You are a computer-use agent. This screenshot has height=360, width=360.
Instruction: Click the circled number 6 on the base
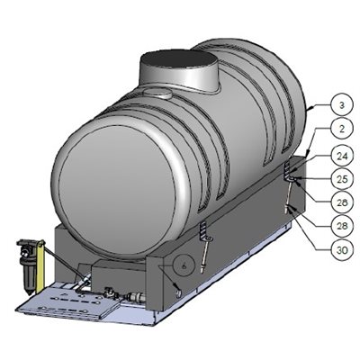(182, 266)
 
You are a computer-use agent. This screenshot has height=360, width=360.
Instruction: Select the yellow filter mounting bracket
(25, 244)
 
